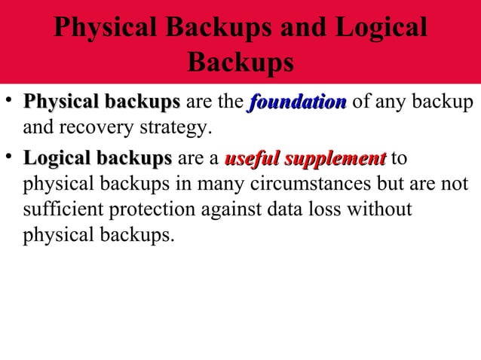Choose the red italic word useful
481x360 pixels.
[x=250, y=160]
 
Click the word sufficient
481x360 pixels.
[x=61, y=209]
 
